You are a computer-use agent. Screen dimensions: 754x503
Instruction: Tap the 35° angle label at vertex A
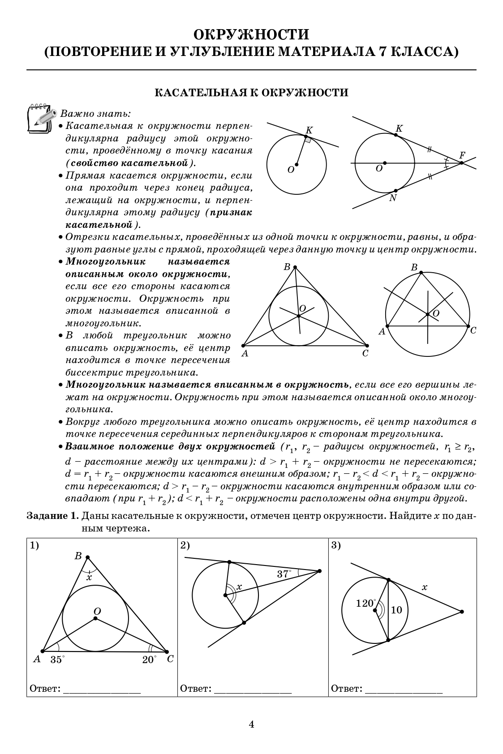(57, 660)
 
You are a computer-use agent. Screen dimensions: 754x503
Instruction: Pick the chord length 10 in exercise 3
(396, 610)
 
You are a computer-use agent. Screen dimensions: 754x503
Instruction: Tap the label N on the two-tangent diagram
(393, 198)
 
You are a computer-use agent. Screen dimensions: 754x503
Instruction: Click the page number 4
(251, 724)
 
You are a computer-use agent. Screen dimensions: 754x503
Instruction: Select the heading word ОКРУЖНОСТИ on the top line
(251, 35)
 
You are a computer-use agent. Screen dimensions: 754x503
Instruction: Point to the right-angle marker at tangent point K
(308, 140)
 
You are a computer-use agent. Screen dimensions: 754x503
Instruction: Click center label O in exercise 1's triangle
(97, 611)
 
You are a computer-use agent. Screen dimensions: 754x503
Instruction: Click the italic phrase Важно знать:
(95, 114)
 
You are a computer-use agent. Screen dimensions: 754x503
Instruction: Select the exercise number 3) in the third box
(336, 545)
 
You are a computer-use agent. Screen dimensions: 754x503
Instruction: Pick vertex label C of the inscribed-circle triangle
(365, 354)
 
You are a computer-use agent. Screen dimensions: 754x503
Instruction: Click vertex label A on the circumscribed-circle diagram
(382, 332)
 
